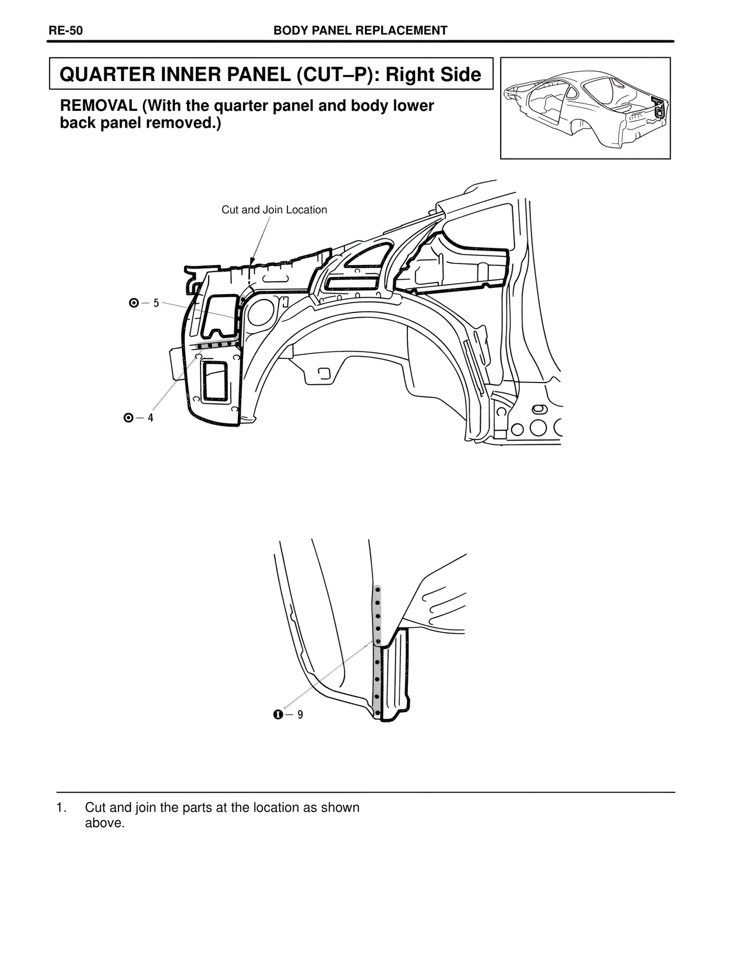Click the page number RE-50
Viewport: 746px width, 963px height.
coord(65,31)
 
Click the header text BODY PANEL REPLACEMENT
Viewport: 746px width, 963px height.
coord(360,31)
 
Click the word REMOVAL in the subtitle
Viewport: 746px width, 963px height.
coord(98,106)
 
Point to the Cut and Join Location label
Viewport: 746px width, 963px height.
coord(274,210)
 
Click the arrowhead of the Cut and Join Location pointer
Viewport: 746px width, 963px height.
coord(252,263)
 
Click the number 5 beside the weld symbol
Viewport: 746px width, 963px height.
coord(156,303)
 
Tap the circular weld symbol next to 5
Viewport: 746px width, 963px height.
coord(134,303)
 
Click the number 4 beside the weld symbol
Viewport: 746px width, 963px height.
coord(150,418)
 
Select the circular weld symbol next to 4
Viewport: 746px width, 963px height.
coord(129,418)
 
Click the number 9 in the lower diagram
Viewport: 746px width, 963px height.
coord(300,714)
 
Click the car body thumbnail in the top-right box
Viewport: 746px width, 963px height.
coord(585,108)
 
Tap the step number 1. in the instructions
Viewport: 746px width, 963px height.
coord(61,808)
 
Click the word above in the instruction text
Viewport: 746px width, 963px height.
coord(105,824)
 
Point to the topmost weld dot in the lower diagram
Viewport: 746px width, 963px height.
coord(378,590)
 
